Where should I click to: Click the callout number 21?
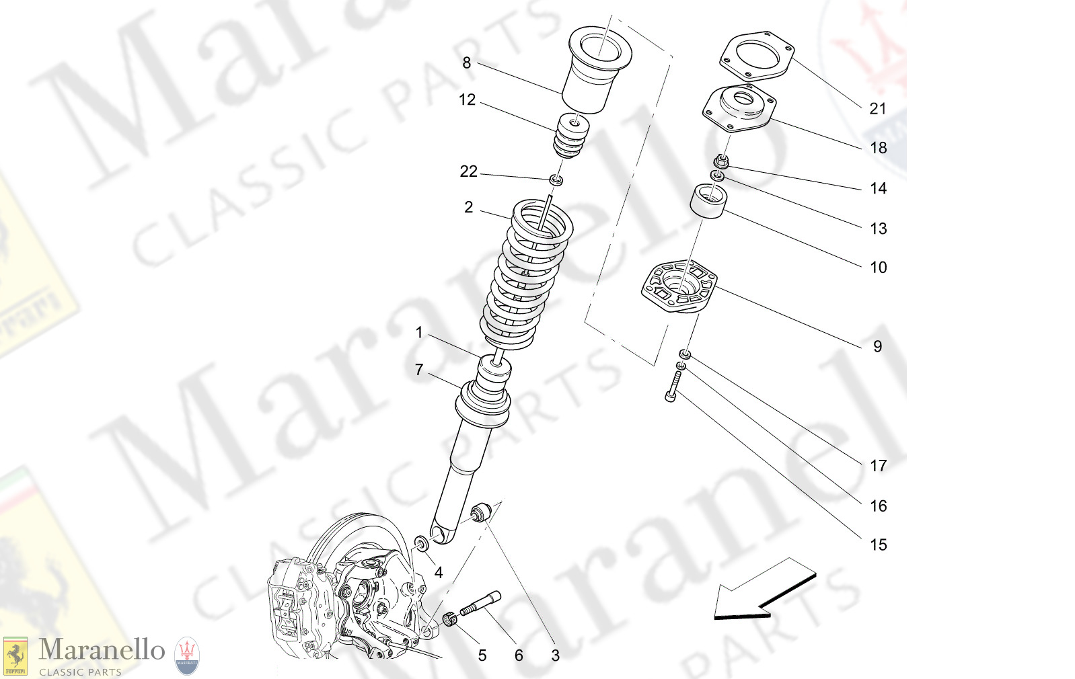coord(877,109)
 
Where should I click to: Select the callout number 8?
coord(466,63)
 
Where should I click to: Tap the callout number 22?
coord(468,172)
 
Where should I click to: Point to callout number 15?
coord(878,545)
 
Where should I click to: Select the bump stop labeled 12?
coord(571,137)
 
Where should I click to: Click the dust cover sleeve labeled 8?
coord(592,74)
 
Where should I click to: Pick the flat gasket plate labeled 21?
coord(757,54)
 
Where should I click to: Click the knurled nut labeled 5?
coord(450,618)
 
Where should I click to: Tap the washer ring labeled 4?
coord(420,543)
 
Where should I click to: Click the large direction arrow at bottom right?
coord(764,590)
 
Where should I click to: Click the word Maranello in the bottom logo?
coord(102,650)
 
